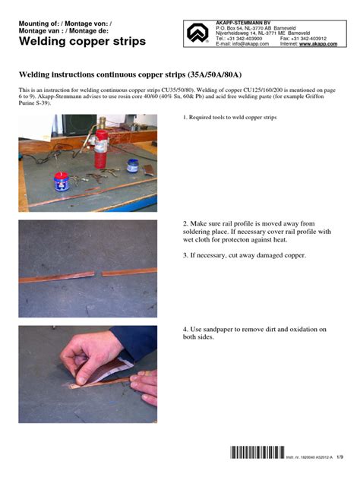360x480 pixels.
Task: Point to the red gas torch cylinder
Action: point(100,148)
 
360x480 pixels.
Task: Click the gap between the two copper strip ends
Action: point(99,273)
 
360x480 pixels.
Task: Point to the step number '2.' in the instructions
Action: point(185,223)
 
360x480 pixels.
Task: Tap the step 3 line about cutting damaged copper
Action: point(244,255)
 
